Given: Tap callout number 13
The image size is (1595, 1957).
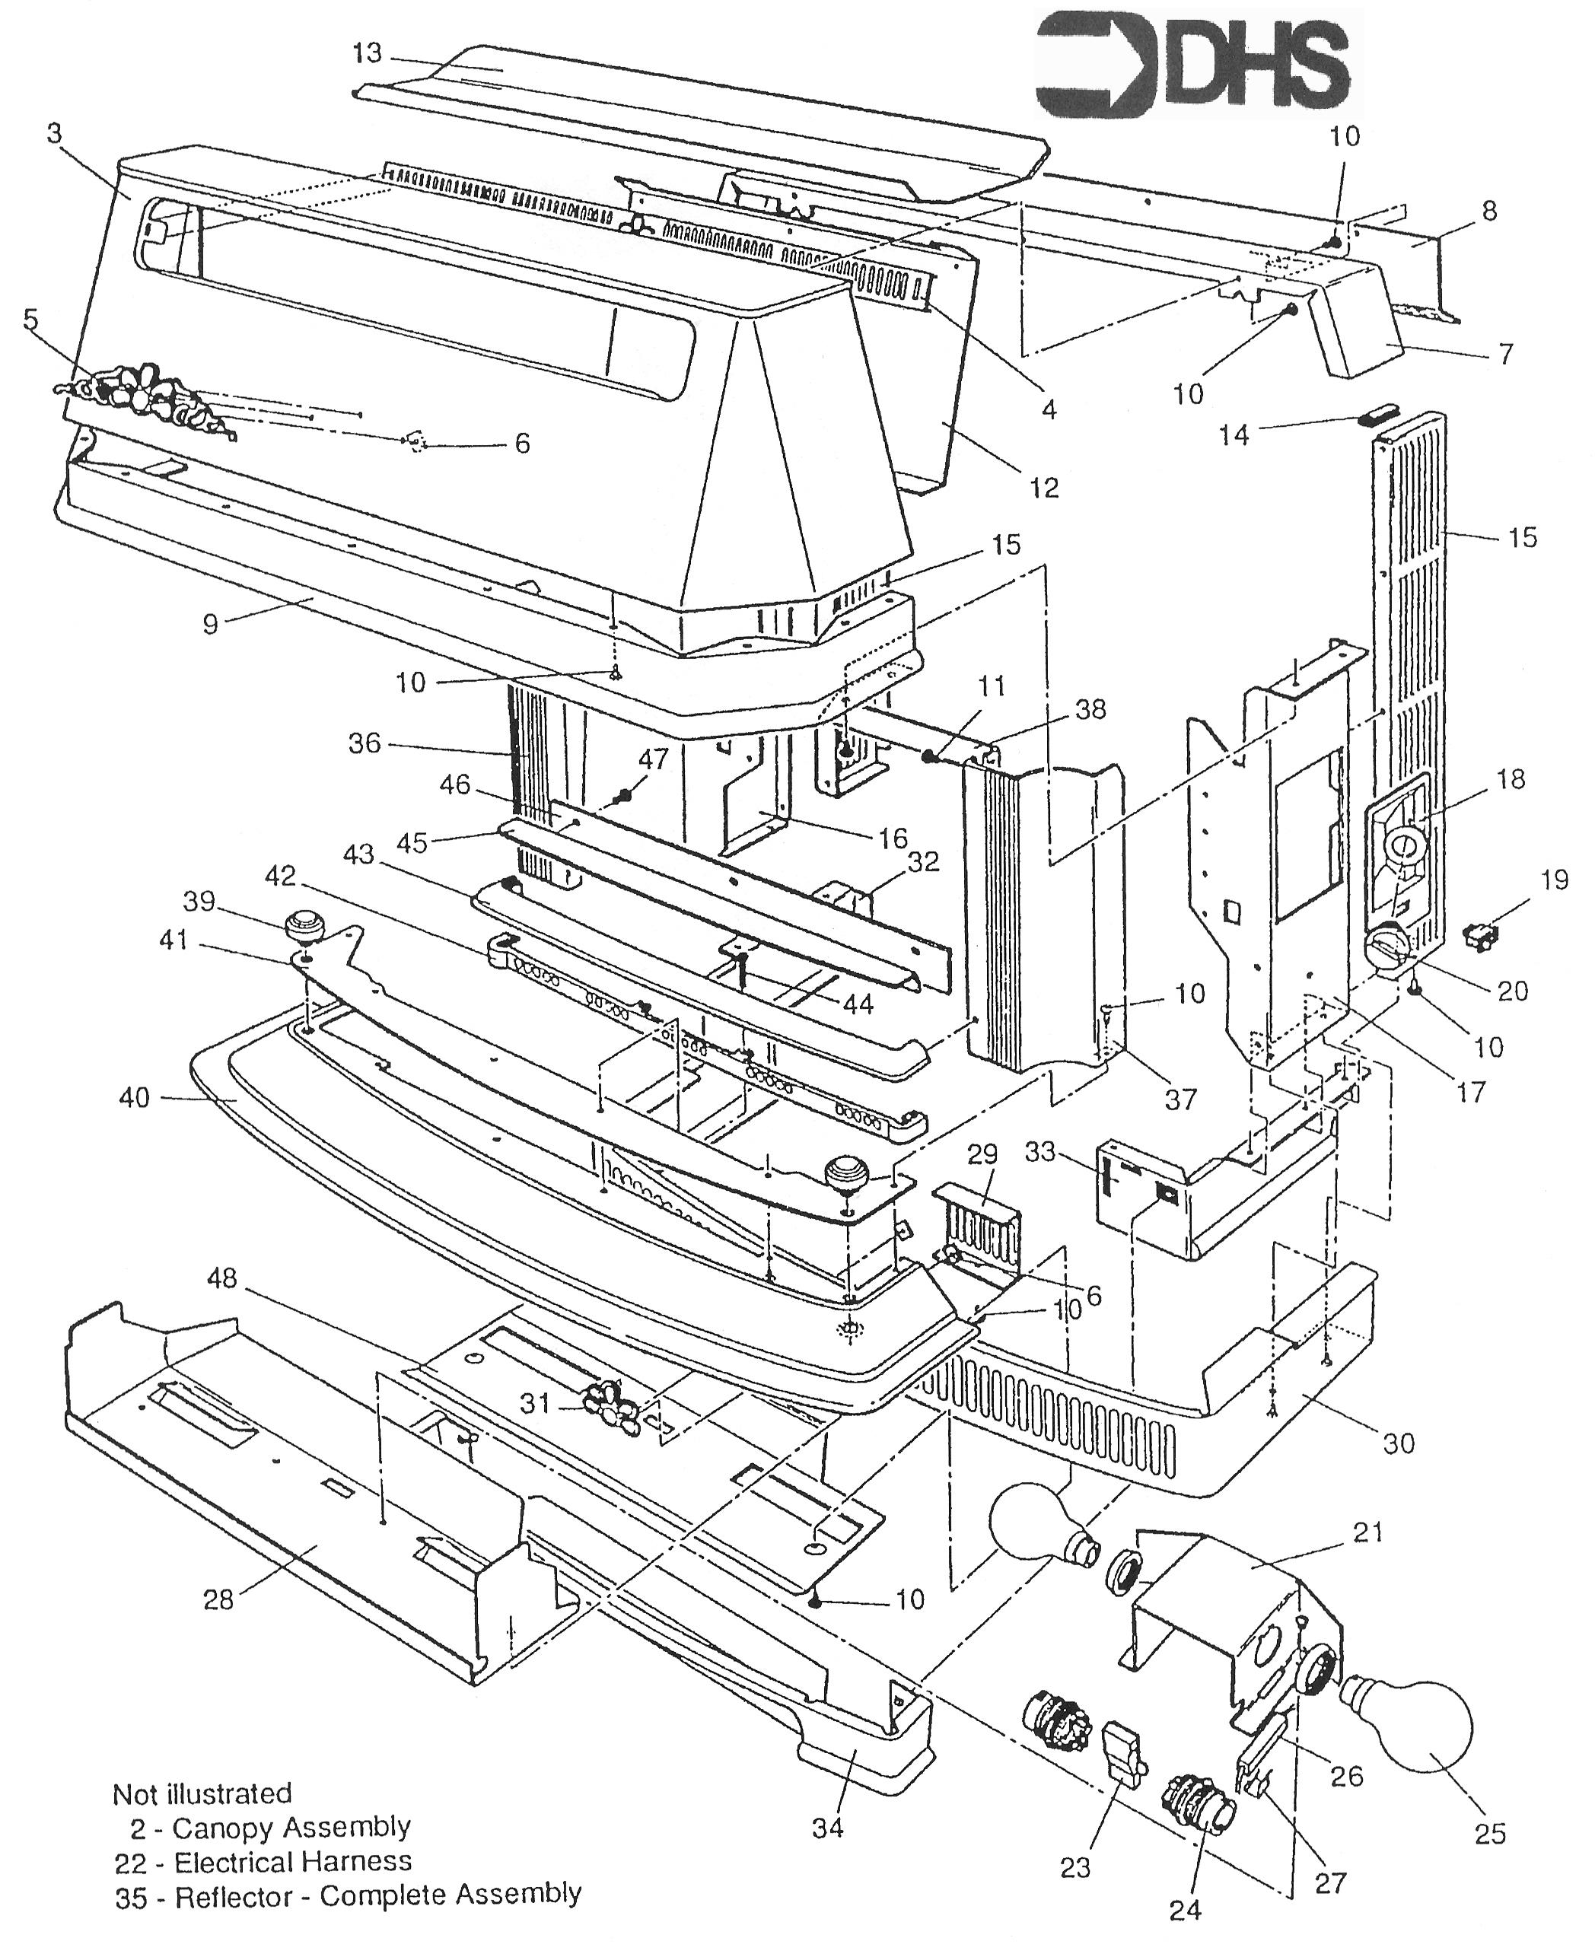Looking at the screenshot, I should tap(367, 54).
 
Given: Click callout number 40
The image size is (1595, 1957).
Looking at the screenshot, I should tap(134, 1097).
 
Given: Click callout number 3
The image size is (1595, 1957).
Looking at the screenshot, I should tap(54, 134).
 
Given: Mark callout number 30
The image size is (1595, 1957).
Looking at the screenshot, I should tap(1399, 1443).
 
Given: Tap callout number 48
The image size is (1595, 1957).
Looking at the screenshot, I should tap(221, 1278).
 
